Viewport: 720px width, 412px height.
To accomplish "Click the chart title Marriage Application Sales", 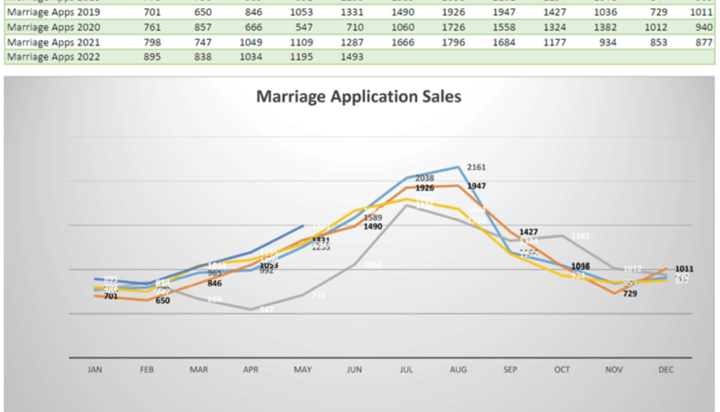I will click(x=358, y=97).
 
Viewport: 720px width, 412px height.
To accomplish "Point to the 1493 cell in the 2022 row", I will click(x=353, y=57).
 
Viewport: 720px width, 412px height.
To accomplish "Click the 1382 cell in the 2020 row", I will click(x=605, y=27).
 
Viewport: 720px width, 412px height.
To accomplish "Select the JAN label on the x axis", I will click(x=95, y=370).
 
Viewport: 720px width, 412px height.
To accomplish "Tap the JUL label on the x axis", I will click(x=406, y=370).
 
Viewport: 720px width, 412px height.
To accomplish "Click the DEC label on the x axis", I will click(x=666, y=370).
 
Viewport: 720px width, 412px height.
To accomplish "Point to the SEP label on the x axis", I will click(x=510, y=370).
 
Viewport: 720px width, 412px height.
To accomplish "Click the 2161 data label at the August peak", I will click(x=477, y=167).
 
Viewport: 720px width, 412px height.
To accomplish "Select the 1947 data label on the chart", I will click(x=477, y=186).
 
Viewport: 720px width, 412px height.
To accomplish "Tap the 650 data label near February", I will click(x=163, y=301).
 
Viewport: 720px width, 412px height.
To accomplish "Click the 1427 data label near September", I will click(x=528, y=232).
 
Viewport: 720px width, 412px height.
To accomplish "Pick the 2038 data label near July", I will click(x=425, y=178).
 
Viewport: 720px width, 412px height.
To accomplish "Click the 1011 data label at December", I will click(x=685, y=269).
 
